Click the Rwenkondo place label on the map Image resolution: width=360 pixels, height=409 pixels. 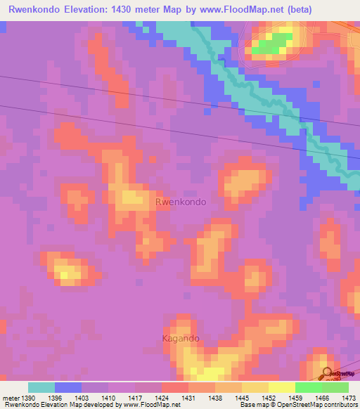tap(181, 202)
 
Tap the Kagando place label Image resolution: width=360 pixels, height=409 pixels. tap(181, 338)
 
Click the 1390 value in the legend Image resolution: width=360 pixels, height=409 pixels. tap(30, 398)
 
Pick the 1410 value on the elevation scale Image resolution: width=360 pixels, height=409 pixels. tap(109, 398)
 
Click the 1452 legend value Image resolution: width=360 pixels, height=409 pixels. tap(269, 398)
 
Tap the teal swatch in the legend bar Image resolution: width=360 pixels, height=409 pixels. tap(41, 387)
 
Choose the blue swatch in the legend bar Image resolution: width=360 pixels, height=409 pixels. tap(68, 387)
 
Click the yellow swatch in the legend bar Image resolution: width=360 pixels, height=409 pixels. tap(281, 387)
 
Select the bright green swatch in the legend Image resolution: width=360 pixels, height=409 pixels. tap(308, 387)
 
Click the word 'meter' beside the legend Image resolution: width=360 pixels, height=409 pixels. tap(11, 398)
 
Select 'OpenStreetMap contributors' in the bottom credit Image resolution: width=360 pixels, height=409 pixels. tap(319, 405)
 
